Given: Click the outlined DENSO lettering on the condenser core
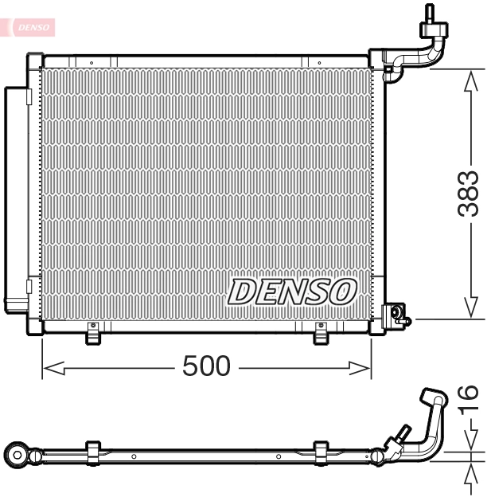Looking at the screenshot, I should click(x=292, y=292).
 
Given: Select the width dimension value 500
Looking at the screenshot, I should click(x=206, y=366).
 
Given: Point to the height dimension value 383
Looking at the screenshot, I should click(x=469, y=194).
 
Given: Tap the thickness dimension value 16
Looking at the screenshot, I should click(x=469, y=398).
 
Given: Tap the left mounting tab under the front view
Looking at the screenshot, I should click(x=94, y=335).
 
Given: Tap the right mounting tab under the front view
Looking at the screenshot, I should click(x=321, y=335).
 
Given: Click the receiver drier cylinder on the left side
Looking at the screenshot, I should click(x=16, y=198).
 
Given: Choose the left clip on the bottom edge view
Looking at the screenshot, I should click(x=92, y=452).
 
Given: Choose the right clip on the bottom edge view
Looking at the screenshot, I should click(x=321, y=452).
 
